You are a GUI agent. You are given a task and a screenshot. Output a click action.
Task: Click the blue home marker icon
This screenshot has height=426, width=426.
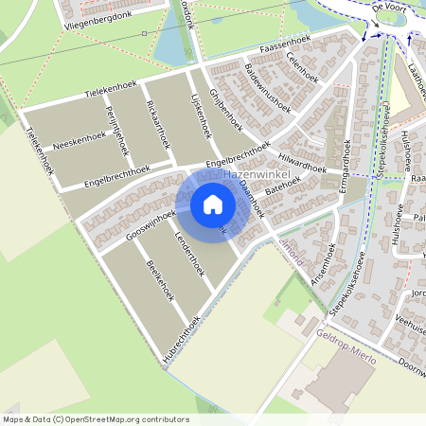[213, 204]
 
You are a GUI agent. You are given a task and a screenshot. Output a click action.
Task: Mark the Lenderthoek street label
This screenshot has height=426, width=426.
[189, 255]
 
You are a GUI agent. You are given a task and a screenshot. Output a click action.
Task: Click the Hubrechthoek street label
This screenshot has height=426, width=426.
[181, 336]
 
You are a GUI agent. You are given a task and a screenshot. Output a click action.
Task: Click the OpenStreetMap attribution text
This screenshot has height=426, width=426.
[95, 419]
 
